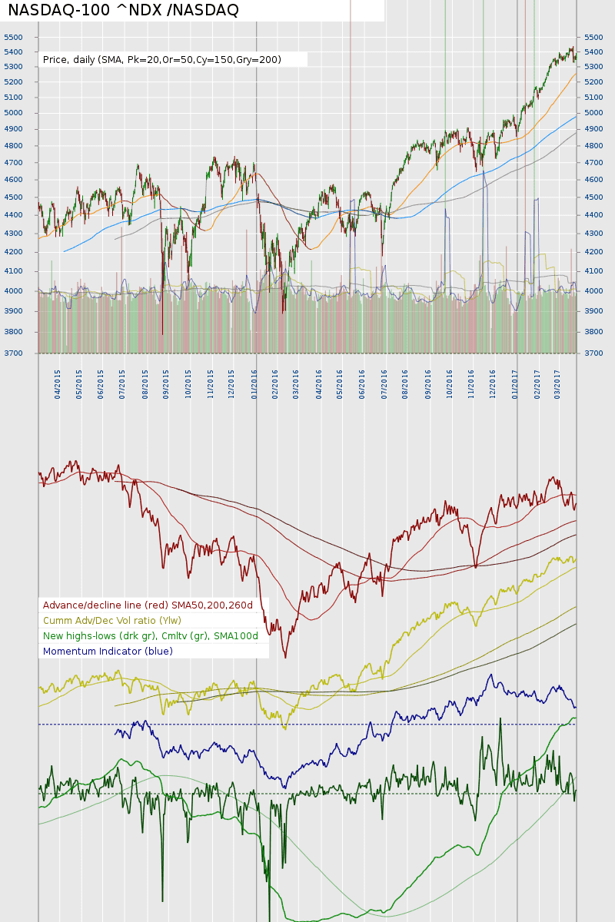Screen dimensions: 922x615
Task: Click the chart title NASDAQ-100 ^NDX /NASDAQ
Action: (123, 10)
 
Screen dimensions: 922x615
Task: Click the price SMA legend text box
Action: (162, 59)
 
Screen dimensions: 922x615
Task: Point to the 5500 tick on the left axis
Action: (13, 37)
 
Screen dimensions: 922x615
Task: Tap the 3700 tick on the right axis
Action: (594, 353)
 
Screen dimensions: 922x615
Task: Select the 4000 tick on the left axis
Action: (13, 291)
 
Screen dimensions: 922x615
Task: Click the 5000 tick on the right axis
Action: (594, 113)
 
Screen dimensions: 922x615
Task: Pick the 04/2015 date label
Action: (58, 382)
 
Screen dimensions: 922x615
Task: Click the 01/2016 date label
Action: (254, 382)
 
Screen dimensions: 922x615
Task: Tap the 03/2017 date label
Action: (558, 382)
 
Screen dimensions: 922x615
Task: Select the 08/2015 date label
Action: (145, 382)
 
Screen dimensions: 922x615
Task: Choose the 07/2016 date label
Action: (384, 382)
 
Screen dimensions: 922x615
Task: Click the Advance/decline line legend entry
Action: (148, 605)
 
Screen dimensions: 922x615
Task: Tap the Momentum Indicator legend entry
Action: (108, 652)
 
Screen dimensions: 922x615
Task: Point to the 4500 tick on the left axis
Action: (13, 197)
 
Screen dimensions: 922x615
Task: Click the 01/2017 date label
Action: (515, 382)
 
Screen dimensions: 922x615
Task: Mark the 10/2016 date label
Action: (450, 382)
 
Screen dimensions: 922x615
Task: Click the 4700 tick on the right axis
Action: (594, 163)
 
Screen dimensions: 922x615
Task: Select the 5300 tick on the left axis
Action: (13, 67)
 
